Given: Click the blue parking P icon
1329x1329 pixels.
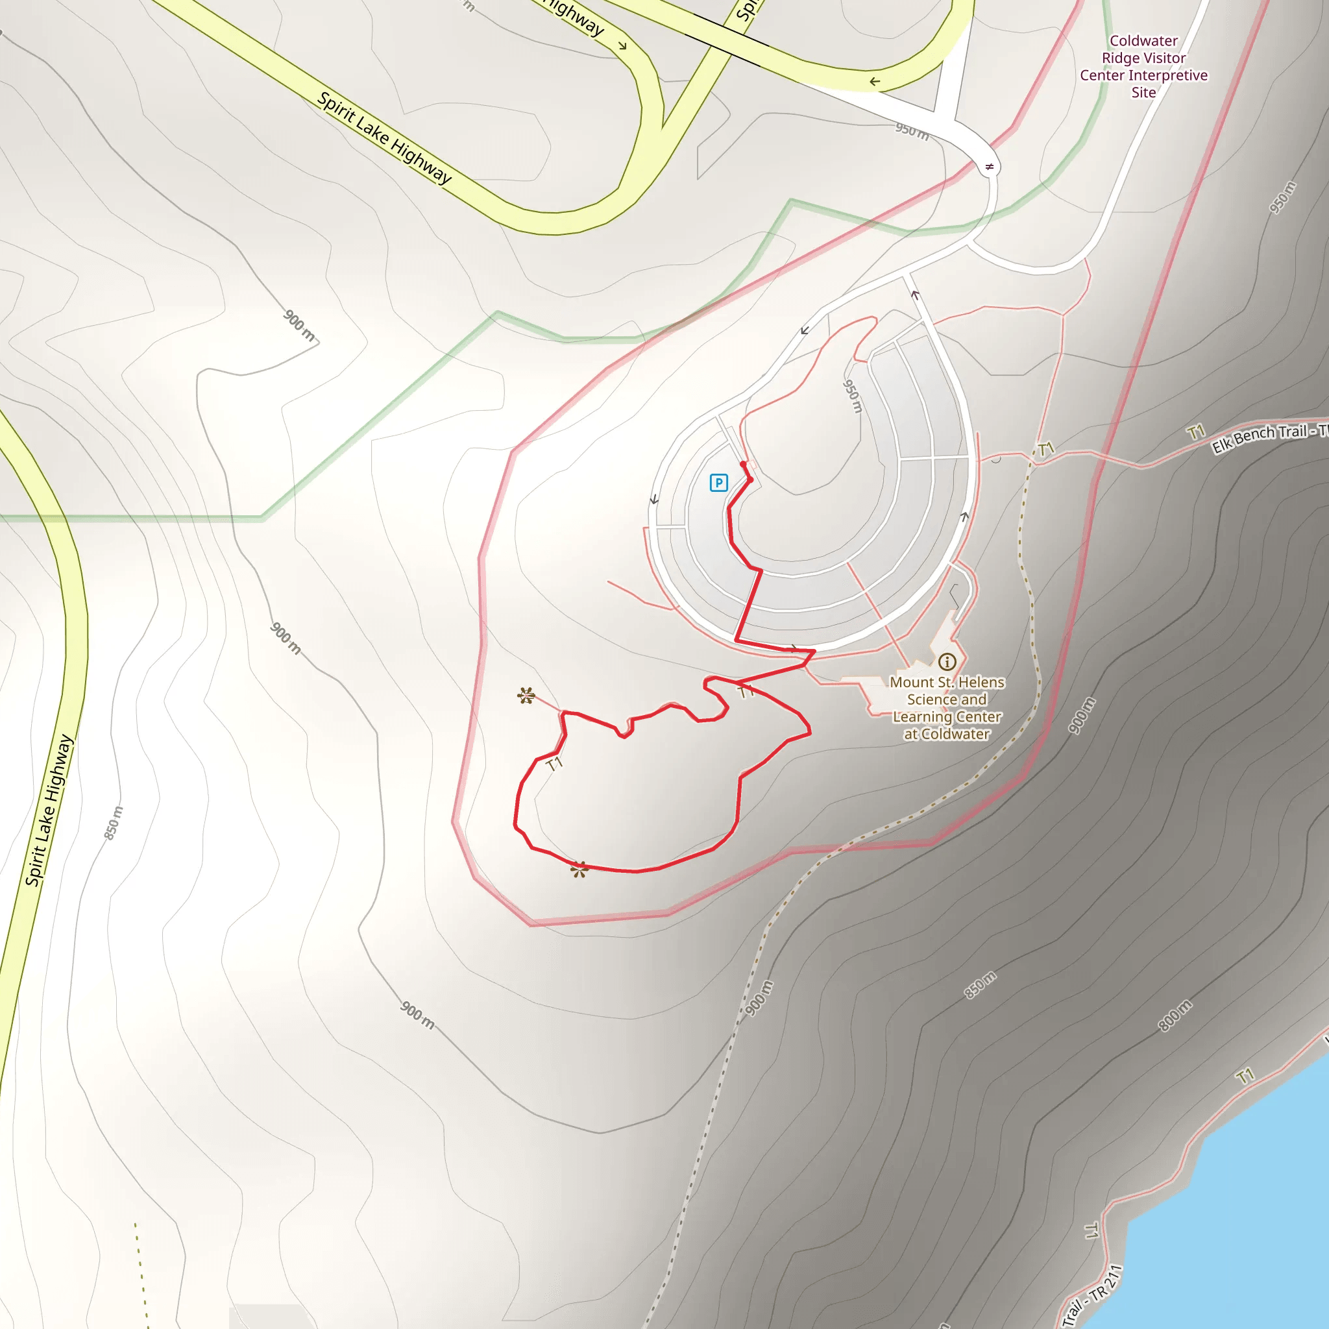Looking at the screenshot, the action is [718, 483].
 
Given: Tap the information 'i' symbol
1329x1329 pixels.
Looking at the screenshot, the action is [947, 662].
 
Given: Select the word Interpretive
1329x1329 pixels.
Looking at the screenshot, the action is [1168, 75].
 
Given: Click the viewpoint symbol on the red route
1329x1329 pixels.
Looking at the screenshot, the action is [579, 870].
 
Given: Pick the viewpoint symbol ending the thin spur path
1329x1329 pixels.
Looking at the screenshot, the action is [526, 696].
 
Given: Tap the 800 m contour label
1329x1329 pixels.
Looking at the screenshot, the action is [1175, 1016].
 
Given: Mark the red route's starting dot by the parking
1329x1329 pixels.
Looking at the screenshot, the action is [743, 465].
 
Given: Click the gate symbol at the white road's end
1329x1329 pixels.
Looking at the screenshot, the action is [989, 167].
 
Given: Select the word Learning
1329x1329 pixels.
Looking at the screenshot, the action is [921, 717].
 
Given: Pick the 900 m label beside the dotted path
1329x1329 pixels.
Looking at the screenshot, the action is [759, 998].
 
